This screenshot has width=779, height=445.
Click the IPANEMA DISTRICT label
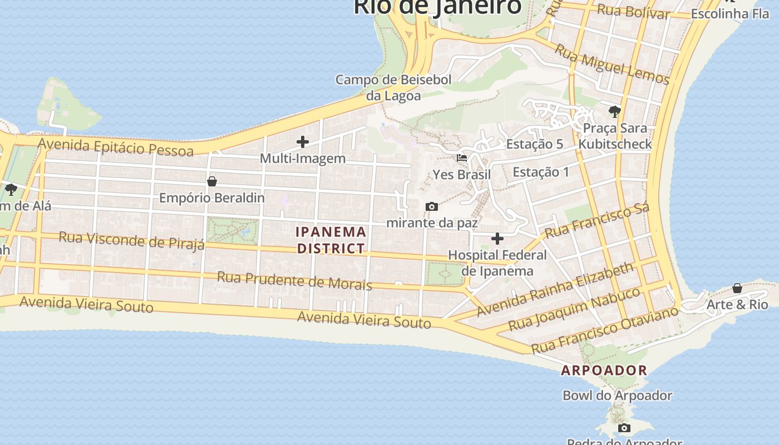(x=331, y=240)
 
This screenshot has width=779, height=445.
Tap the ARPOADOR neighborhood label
(x=604, y=370)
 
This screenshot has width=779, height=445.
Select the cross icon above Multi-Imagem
(x=303, y=142)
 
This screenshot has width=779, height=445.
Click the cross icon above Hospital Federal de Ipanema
(x=497, y=239)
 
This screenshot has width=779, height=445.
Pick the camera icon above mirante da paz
(x=431, y=207)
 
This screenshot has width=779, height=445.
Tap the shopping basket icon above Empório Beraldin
(x=211, y=181)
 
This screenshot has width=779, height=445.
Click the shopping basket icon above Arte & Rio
(x=737, y=288)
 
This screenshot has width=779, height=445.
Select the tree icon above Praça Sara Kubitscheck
(x=614, y=112)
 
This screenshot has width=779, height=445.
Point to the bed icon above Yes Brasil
(x=462, y=158)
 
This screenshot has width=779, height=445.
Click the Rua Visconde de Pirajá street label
(x=132, y=241)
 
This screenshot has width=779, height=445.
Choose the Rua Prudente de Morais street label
(x=294, y=280)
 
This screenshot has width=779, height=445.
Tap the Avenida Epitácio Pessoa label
(x=116, y=147)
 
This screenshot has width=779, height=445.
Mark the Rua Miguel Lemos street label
(x=612, y=65)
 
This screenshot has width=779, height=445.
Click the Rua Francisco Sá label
(x=597, y=221)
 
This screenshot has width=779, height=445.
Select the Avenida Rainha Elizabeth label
(x=555, y=289)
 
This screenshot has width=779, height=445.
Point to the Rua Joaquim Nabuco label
(x=575, y=309)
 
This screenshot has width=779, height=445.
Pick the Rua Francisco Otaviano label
(x=605, y=330)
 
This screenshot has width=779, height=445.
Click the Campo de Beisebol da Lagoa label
(x=393, y=87)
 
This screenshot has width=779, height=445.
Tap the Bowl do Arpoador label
(x=618, y=395)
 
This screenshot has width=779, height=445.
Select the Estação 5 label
(x=534, y=144)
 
